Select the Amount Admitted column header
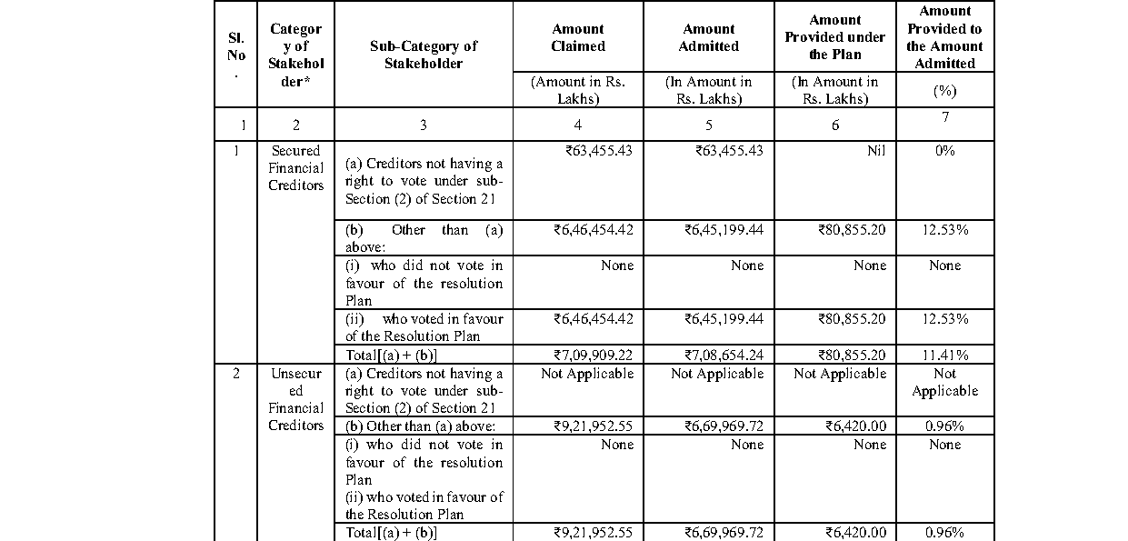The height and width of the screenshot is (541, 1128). (x=710, y=37)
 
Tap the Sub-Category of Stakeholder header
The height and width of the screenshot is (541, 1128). (x=423, y=55)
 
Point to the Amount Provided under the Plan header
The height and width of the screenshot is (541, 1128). (x=834, y=37)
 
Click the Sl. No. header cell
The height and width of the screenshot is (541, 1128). (x=236, y=55)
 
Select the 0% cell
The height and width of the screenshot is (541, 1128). (x=944, y=151)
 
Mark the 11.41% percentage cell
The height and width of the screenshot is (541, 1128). (x=944, y=355)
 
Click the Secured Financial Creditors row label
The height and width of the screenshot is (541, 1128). (x=295, y=168)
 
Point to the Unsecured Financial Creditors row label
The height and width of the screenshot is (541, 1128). (x=295, y=399)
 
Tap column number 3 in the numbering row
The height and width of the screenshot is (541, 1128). (x=423, y=125)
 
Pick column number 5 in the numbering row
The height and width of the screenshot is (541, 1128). (x=709, y=125)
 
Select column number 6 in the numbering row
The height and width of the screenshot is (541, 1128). (x=835, y=125)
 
